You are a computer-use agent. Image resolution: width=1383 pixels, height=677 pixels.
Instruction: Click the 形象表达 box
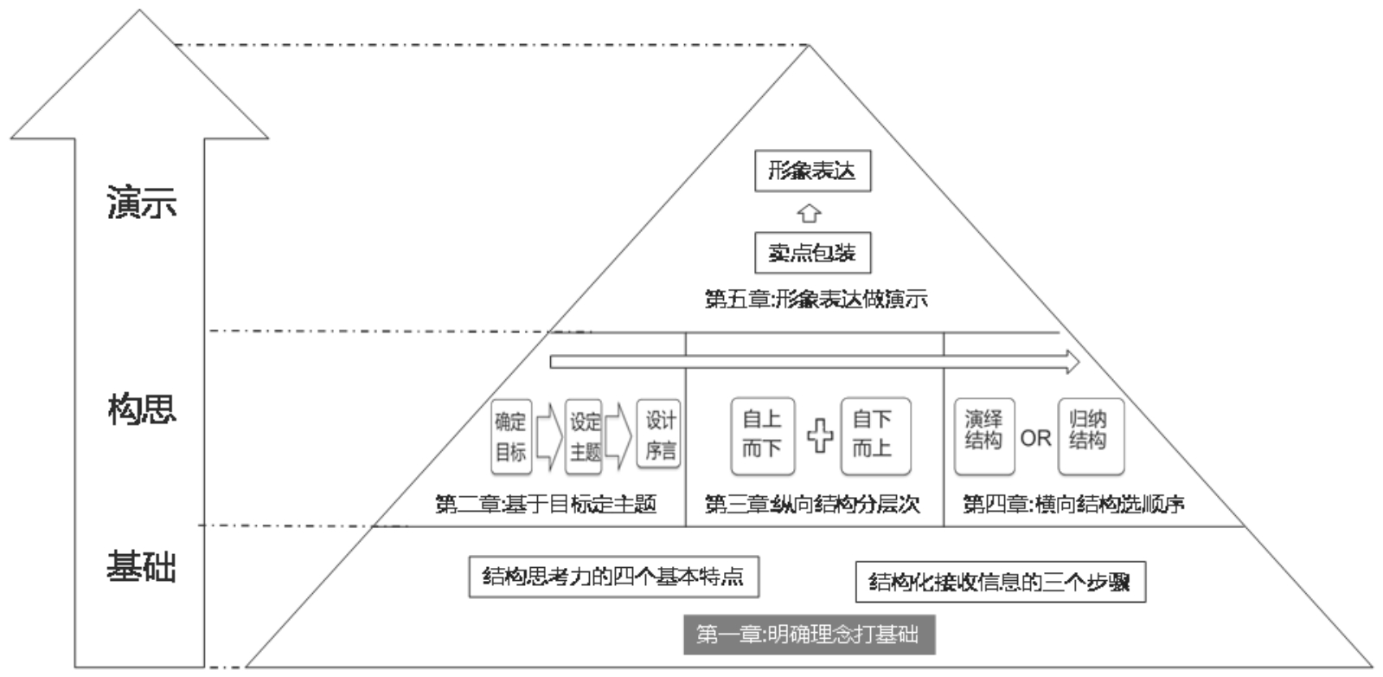812,171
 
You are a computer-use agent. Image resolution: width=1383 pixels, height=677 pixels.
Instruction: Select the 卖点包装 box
812,252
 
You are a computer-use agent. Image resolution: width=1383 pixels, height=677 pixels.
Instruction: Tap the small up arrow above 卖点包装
809,213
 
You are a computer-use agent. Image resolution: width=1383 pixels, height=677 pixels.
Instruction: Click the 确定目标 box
511,436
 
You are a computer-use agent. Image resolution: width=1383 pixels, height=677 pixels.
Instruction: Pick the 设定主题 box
584,436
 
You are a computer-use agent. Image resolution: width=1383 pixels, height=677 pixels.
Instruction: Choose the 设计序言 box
659,435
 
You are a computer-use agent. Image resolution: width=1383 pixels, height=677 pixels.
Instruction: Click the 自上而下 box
763,435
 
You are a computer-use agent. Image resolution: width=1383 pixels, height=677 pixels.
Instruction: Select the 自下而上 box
875,435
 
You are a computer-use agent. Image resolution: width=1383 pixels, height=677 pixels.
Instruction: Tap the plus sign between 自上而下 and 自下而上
820,435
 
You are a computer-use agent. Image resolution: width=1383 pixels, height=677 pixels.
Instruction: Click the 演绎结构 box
984,435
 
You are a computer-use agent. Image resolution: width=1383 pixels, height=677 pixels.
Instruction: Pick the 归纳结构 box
1091,435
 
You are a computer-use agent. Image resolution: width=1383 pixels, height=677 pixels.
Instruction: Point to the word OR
1035,438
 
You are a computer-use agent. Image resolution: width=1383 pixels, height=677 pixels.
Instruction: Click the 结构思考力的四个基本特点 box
614,577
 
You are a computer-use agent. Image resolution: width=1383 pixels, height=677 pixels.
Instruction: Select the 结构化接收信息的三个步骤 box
1000,582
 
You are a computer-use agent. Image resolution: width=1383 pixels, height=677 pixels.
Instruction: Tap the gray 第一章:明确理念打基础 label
810,635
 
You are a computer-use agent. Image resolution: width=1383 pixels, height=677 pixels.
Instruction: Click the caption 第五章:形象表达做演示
816,300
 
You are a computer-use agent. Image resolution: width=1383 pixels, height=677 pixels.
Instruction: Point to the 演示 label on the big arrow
141,203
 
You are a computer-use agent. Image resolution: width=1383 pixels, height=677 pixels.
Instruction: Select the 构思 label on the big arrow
141,409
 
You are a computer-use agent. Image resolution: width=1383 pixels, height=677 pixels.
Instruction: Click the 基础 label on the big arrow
141,565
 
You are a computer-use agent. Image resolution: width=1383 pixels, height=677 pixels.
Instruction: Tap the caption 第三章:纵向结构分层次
812,505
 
